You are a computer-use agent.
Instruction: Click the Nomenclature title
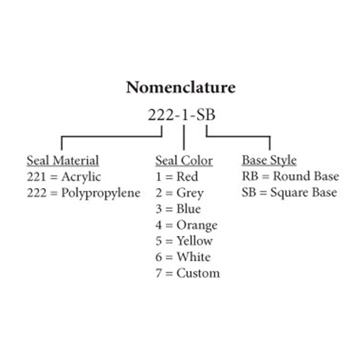[181, 87]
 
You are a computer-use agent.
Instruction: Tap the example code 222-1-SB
[181, 115]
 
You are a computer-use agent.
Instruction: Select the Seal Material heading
[63, 161]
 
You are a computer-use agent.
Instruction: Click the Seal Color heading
[184, 161]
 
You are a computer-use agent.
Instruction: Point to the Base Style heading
[269, 161]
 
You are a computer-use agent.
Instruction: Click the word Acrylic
[81, 177]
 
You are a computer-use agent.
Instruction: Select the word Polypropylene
[101, 193]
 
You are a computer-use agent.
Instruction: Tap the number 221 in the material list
[36, 177]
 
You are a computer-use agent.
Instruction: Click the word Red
[187, 177]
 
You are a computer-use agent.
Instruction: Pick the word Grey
[190, 193]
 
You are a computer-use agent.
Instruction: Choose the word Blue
[189, 209]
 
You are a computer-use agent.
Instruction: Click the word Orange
[197, 226]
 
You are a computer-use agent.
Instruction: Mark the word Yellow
[195, 241]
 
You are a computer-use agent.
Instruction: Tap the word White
[194, 257]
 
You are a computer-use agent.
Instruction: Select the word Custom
[198, 273]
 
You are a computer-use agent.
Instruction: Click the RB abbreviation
[250, 176]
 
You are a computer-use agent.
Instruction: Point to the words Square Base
[304, 193]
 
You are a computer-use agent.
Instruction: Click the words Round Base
[306, 176]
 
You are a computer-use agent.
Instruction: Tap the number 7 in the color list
[159, 274]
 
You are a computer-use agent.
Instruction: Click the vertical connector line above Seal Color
[184, 138]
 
